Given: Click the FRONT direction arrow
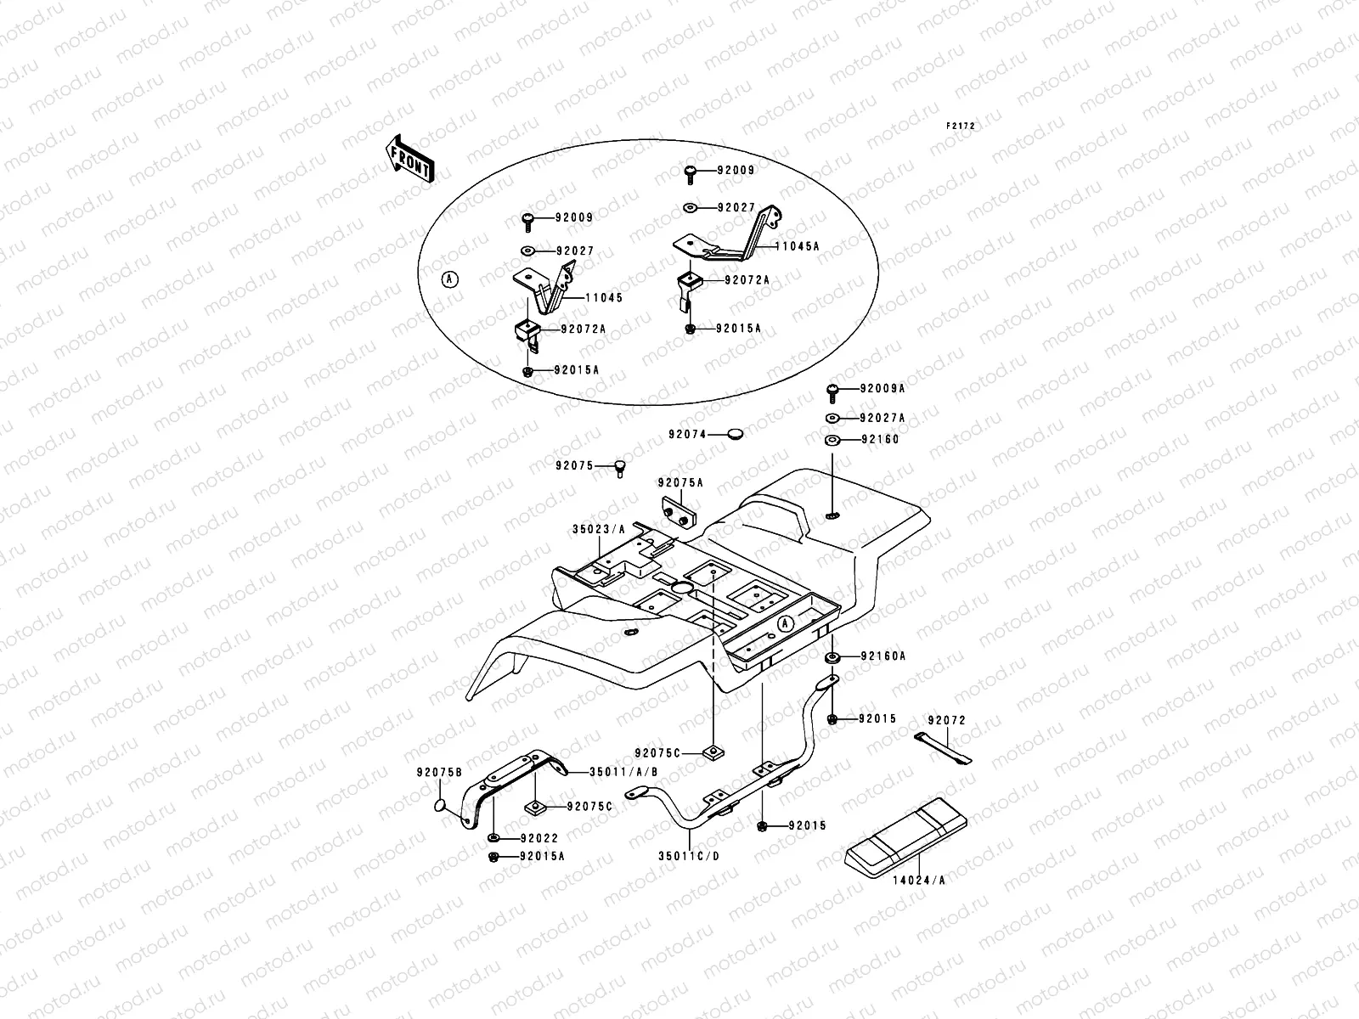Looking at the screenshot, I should [411, 158].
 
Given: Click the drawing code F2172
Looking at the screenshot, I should [962, 127].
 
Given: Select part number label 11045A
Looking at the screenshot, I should [796, 246].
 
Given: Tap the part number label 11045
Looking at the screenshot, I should [603, 298].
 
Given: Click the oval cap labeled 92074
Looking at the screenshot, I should [735, 434].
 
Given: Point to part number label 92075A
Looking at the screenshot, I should [680, 483].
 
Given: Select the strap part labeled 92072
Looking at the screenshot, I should [944, 748].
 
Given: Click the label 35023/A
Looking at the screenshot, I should [598, 528].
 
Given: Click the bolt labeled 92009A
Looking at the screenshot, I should [832, 390].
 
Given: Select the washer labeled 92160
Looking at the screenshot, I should [832, 440].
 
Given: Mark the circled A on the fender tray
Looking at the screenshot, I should [786, 623].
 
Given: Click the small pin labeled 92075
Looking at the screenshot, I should [621, 465].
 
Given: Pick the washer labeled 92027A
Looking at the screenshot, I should [832, 419].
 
